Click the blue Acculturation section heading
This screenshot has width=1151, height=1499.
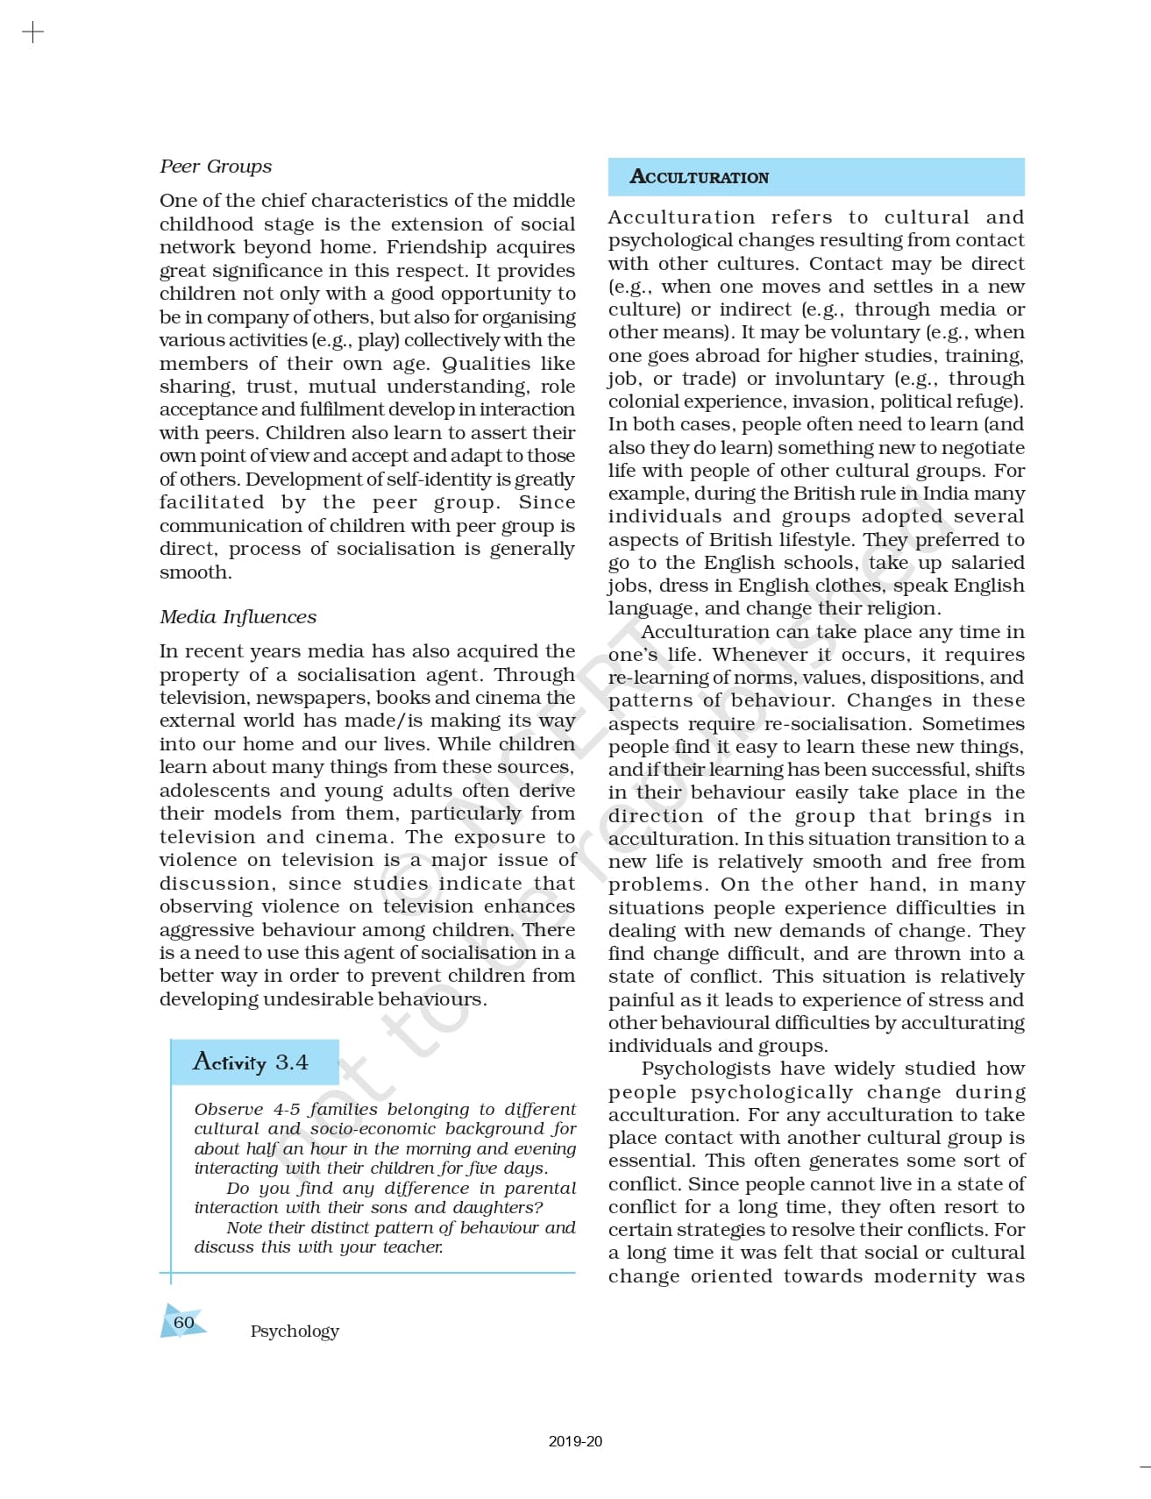[x=699, y=177]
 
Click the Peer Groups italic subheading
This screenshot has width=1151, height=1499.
[x=216, y=167]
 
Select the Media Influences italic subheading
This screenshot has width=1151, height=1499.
[x=238, y=617]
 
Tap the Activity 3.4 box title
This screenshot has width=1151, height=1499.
[x=251, y=1062]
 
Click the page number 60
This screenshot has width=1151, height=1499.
[x=184, y=1322]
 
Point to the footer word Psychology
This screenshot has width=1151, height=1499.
[x=295, y=1331]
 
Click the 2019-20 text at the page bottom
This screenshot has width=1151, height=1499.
[x=575, y=1441]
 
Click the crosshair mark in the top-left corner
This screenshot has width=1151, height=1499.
[x=32, y=33]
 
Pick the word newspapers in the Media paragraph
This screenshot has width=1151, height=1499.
[x=313, y=698]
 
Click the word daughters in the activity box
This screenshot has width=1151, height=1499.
[x=497, y=1207]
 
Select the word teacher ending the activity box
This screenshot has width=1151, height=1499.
[x=415, y=1247]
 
